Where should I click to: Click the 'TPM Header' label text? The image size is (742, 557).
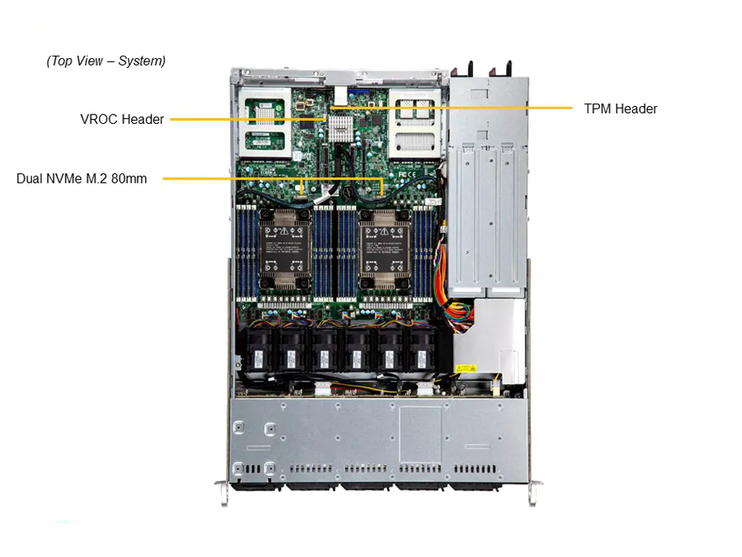(x=620, y=109)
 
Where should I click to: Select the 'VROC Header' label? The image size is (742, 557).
(x=122, y=119)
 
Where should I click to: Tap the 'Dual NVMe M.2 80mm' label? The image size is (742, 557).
(x=81, y=179)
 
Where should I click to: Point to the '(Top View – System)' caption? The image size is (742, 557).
(x=106, y=60)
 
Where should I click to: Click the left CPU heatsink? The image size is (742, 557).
(x=284, y=248)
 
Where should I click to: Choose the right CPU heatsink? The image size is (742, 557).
(x=384, y=248)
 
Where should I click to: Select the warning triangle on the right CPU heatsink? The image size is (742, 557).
(x=384, y=230)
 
